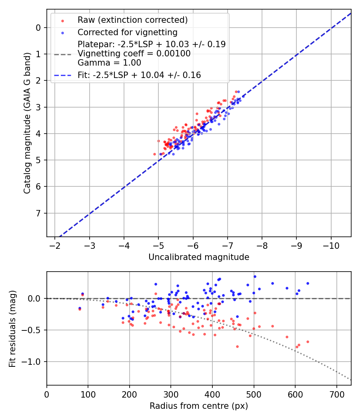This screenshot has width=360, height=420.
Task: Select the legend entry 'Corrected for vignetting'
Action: (127, 32)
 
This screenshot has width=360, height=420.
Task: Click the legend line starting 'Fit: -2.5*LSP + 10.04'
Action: (139, 75)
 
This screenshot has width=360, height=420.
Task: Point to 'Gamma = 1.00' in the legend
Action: (109, 62)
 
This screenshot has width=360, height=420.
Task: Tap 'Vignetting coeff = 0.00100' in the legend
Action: (134, 54)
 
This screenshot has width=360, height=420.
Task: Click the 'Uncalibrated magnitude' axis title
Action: (199, 257)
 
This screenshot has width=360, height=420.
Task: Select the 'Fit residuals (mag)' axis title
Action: (12, 328)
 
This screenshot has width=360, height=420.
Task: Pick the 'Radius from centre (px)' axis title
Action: (199, 406)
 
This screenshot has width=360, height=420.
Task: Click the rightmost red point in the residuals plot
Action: (308, 342)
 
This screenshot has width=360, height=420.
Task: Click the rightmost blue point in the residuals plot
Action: (308, 283)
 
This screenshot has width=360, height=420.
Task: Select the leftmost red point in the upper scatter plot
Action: (155, 154)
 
